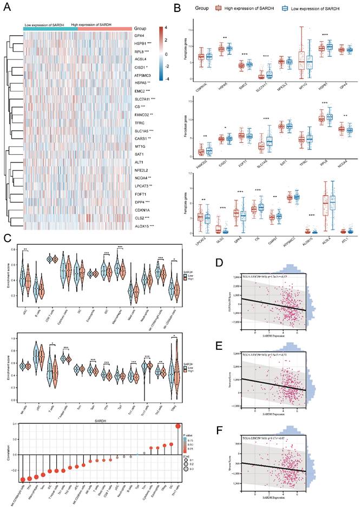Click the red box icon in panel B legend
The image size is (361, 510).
click(220, 8)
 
